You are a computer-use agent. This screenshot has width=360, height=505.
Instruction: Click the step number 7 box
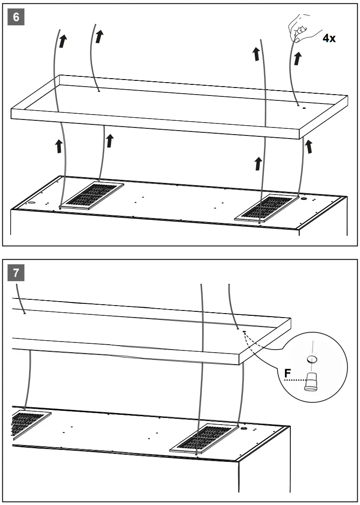[16, 272]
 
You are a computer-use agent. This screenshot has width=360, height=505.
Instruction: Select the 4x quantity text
[329, 38]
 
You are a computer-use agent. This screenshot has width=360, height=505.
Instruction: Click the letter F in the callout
[288, 374]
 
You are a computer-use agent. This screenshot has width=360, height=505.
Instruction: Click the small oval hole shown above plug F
[313, 358]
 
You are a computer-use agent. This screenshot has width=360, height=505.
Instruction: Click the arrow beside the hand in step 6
[297, 58]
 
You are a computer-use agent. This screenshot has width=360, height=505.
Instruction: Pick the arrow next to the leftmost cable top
[63, 41]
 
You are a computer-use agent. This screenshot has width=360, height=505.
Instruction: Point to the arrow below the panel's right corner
[309, 146]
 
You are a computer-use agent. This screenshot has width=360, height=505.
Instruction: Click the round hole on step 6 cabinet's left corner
[32, 203]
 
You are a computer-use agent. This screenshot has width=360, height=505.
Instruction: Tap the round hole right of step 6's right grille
[304, 199]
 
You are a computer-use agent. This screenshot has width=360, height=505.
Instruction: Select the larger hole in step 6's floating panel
[305, 107]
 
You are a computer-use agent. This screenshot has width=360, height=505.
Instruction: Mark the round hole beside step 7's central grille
[243, 429]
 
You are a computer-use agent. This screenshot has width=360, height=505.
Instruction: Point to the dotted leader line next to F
[294, 381]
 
